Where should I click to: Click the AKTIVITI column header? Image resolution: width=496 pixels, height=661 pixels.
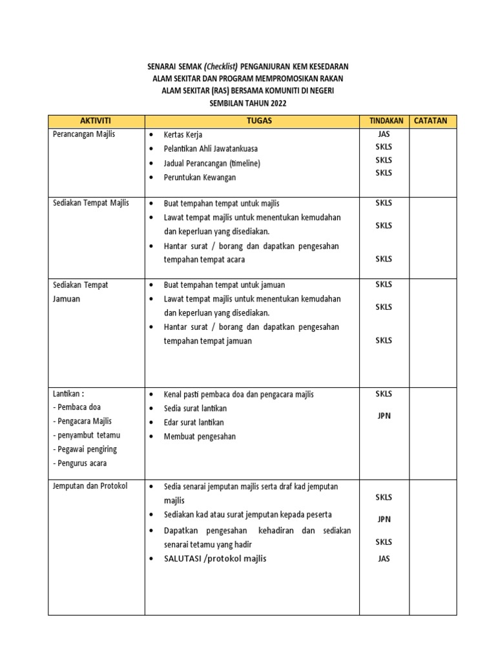(96, 121)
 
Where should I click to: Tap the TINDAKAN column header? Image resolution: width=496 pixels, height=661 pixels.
(386, 121)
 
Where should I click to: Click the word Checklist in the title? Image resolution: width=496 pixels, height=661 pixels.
(221, 66)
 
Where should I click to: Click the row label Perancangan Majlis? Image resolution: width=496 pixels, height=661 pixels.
(83, 134)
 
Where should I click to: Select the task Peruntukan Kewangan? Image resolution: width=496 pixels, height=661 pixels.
(200, 177)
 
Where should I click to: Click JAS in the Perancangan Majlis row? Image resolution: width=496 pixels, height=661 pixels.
(384, 134)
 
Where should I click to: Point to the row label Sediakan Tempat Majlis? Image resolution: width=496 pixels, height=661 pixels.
(90, 203)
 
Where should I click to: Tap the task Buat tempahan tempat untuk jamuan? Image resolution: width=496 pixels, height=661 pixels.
(224, 285)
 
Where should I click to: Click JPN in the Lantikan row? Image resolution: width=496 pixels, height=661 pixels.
(384, 416)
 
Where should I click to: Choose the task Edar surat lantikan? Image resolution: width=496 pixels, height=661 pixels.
(194, 422)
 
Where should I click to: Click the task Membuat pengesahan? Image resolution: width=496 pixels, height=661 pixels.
(200, 436)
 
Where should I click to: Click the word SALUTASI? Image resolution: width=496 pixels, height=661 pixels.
(183, 558)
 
